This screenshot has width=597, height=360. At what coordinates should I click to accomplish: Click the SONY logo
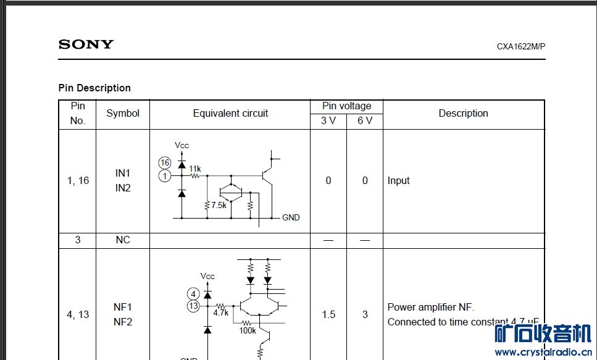click(86, 44)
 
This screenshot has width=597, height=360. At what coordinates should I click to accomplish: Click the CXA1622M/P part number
click(521, 46)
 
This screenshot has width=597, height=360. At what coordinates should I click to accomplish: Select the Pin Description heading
click(94, 88)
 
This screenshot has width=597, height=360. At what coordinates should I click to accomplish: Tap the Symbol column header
click(123, 113)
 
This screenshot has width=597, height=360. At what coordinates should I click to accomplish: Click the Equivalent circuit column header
click(230, 113)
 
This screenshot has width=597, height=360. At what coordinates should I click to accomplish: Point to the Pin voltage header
click(346, 106)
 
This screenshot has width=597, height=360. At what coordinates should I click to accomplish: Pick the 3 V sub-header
click(328, 120)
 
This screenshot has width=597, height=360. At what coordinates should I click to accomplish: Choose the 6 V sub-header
click(365, 120)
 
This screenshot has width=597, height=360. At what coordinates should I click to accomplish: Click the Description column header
click(463, 113)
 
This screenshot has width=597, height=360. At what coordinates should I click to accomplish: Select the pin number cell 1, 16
click(78, 180)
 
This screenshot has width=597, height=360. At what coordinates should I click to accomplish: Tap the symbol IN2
click(123, 188)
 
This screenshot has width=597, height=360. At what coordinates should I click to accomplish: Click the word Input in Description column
click(398, 180)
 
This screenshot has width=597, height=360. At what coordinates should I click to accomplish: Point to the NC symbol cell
click(123, 240)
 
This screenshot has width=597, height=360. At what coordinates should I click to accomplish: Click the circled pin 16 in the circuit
click(164, 162)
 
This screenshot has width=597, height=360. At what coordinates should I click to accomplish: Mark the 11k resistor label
click(195, 169)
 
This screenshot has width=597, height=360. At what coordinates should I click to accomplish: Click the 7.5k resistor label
click(219, 205)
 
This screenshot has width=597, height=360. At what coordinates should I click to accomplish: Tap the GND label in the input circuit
click(291, 217)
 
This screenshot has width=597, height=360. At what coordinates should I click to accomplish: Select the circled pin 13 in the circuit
click(194, 306)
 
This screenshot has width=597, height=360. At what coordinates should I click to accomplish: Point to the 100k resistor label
click(248, 330)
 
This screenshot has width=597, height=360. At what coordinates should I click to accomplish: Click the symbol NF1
click(123, 307)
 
